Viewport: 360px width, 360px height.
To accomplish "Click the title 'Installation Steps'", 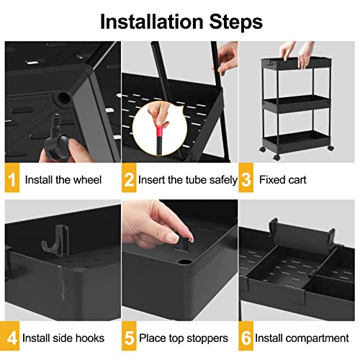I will coord(179,21).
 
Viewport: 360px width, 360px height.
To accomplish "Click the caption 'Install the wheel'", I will coord(63,179).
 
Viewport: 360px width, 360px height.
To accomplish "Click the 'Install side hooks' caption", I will coord(63,338).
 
